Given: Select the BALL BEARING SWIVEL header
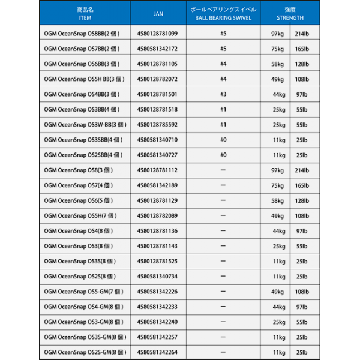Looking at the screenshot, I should point(223,14).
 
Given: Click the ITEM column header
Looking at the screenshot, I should point(85,14).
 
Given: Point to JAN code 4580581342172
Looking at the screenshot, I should point(157,48).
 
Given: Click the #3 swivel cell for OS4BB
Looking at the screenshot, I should point(223,94).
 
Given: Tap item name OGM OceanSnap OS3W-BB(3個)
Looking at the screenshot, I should point(86,125).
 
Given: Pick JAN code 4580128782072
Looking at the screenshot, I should point(157,79).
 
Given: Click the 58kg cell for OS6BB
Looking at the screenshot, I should point(277,64).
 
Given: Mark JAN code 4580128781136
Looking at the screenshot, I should point(157,230).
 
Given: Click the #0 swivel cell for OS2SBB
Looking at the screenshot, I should point(223,155).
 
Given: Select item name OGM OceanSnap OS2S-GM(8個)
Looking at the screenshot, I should point(86,352).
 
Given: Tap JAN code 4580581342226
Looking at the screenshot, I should point(157,292).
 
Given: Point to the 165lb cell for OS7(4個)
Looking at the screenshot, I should point(302,185).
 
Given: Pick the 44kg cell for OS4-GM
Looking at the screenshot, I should point(278,307).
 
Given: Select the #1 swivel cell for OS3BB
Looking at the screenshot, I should point(223,109).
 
